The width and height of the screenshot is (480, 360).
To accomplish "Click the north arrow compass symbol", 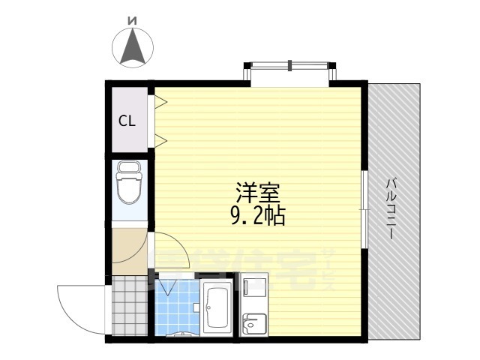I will point(133,46).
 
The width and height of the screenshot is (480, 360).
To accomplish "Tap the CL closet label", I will point(126,121).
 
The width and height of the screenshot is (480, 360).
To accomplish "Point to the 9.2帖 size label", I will point(257,218).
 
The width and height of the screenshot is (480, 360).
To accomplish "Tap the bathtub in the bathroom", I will point(218,307).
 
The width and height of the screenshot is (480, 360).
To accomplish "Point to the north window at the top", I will point(290,72).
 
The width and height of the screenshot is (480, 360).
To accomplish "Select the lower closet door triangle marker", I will point(160,139).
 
